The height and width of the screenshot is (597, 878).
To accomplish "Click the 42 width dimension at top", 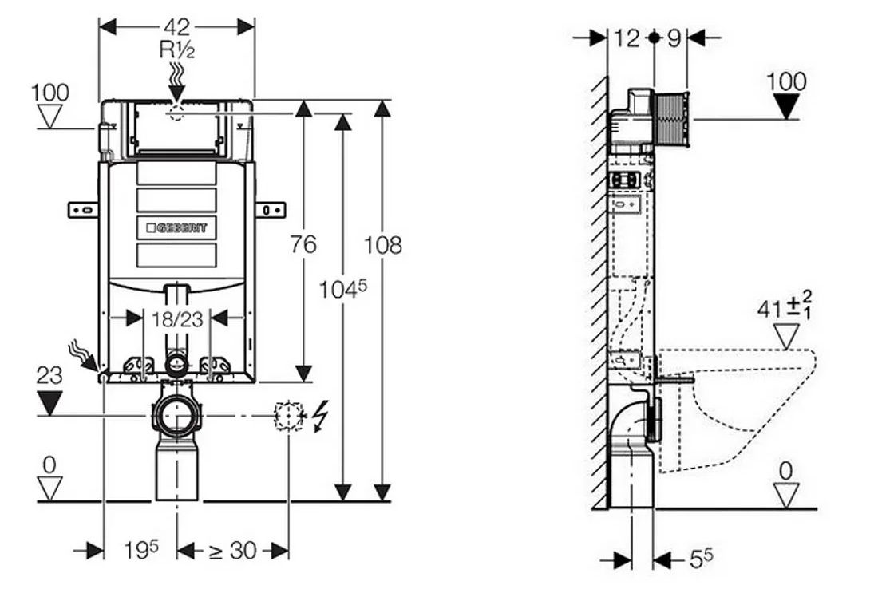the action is (x=177, y=26).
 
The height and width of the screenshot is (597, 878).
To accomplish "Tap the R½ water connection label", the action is (x=177, y=49).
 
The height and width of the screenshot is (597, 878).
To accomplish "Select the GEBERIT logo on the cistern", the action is (x=177, y=228).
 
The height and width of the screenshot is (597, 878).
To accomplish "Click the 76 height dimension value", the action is (x=303, y=244).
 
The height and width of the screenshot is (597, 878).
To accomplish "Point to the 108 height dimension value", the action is (x=383, y=245).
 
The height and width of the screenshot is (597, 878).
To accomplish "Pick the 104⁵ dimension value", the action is (x=342, y=289).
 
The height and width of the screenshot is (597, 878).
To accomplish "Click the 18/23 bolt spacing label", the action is (x=177, y=318).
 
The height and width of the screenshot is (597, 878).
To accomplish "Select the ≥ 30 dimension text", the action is (x=232, y=551).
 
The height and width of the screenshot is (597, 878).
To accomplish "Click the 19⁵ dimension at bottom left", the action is (x=141, y=549).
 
